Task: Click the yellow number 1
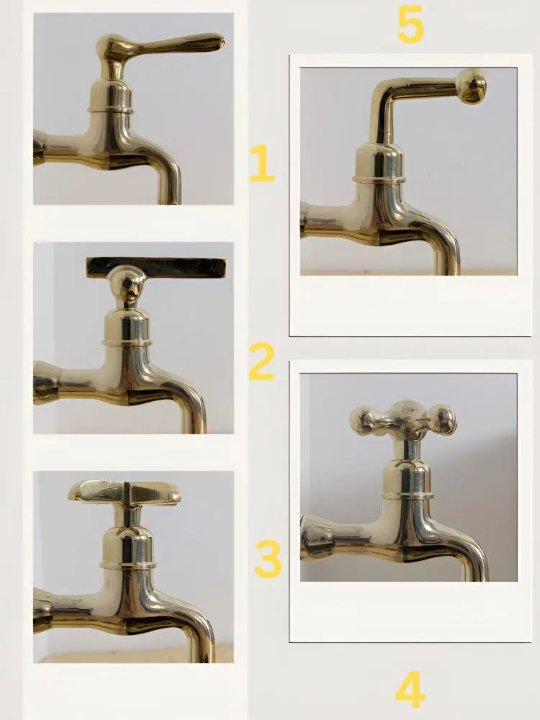tap(261, 163)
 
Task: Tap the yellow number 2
tap(261, 361)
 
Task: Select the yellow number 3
tap(268, 559)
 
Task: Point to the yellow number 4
tap(410, 690)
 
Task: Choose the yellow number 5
tap(410, 25)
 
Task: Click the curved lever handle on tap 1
tap(173, 45)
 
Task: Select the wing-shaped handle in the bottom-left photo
tap(124, 492)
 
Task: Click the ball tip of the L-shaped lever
tap(472, 86)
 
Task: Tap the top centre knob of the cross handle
tap(403, 409)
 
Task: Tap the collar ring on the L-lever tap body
tap(379, 178)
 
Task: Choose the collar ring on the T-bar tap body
tap(126, 342)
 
